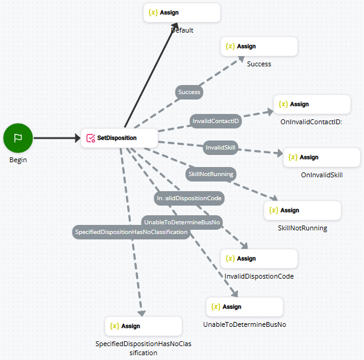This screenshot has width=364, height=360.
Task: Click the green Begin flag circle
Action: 18,138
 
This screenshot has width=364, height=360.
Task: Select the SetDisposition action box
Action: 119,138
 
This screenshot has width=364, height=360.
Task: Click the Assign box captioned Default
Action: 182,13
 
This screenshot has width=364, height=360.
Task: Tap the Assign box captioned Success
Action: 259,46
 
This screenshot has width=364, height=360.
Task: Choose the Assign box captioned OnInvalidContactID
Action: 312,104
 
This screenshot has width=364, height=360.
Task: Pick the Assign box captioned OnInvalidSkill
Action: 321,157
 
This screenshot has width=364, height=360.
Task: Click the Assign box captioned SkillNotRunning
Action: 302,210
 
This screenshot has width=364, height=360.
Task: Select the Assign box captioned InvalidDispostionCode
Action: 259,259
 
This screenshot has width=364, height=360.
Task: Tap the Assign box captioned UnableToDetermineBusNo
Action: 244,307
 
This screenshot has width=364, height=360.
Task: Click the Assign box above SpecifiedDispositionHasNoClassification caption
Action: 143,326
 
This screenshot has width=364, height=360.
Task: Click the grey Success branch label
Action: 189,92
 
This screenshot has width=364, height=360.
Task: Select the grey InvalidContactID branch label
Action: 216,121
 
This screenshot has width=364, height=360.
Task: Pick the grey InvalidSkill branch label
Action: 221,147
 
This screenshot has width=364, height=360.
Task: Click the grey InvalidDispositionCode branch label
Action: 189,198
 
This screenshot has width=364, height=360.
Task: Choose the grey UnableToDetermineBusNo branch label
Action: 182,223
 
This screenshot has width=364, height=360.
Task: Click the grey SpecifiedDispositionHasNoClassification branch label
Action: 131,232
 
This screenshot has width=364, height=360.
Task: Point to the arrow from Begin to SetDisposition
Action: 57,138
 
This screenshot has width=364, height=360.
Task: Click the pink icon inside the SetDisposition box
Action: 90,138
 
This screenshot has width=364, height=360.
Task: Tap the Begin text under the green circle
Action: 18,160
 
